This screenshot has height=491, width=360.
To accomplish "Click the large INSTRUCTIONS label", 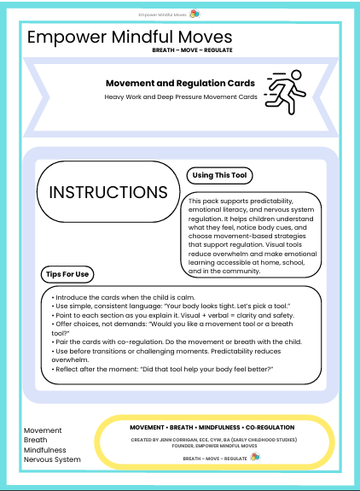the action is (107, 192).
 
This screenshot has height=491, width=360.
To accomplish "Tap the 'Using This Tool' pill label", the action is (218, 175).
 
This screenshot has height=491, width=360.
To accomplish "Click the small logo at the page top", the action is (195, 14).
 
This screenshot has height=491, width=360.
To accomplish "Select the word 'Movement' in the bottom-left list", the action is (43, 430).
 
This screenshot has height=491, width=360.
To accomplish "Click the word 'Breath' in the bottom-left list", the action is (37, 440).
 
